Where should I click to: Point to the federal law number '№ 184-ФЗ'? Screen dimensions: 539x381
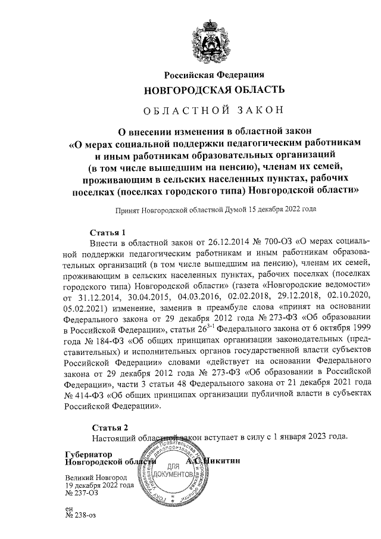(97, 339)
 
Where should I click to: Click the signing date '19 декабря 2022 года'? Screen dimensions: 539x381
(99, 485)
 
